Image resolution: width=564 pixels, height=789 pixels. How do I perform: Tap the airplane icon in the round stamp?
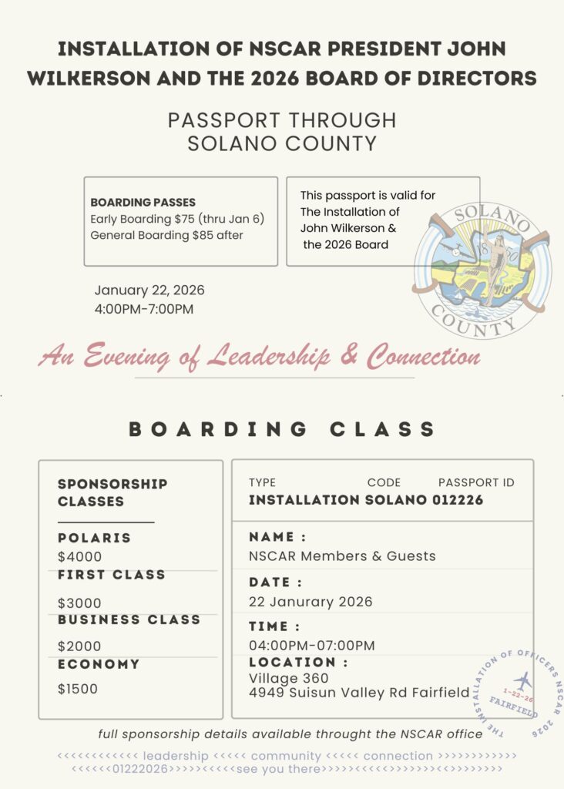tap(523, 681)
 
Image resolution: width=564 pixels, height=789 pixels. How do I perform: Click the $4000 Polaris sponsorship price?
tap(79, 556)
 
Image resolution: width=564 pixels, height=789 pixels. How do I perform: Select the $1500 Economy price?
tap(78, 689)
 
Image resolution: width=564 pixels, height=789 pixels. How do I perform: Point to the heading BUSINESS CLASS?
tap(129, 619)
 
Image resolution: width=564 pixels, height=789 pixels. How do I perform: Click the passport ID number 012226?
tap(457, 500)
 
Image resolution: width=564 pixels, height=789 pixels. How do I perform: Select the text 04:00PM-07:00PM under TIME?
tap(311, 646)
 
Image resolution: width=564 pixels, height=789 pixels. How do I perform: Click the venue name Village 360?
tap(289, 678)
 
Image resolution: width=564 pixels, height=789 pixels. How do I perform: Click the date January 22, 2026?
tap(149, 290)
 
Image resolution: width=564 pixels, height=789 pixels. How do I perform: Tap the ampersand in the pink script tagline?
tap(346, 357)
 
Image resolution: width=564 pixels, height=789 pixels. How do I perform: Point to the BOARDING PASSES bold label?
tap(143, 203)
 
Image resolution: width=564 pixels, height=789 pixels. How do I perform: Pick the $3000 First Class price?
tap(79, 603)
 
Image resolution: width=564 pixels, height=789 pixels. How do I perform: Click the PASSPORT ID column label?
tap(476, 483)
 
